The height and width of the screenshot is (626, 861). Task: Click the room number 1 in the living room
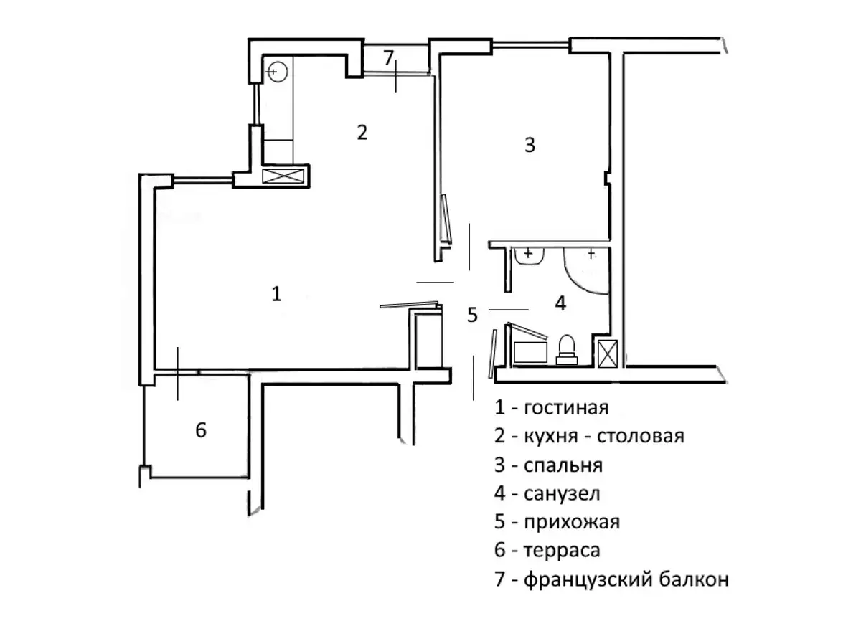(x=276, y=294)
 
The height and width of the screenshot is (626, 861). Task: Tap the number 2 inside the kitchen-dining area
(x=362, y=132)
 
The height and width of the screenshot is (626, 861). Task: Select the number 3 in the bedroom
(x=530, y=145)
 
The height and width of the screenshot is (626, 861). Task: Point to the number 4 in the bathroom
(x=560, y=303)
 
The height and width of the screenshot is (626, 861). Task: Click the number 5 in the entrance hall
(x=472, y=315)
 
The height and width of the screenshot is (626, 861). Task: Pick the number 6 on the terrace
(x=201, y=430)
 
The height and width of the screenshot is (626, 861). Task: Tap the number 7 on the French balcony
(x=389, y=58)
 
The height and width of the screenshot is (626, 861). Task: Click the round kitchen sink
(x=277, y=72)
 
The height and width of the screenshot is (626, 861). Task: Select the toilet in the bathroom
(x=567, y=350)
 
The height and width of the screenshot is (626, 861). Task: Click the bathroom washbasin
(x=529, y=256)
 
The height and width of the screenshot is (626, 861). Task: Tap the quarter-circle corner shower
(x=585, y=270)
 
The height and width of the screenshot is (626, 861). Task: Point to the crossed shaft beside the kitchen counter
(x=283, y=176)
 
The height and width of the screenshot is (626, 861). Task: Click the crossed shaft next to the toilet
(x=608, y=354)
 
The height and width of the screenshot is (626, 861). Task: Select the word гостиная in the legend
(x=566, y=408)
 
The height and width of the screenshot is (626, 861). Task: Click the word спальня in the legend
(x=563, y=465)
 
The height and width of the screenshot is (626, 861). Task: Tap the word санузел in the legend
(x=562, y=494)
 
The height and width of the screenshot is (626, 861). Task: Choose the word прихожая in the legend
(x=572, y=522)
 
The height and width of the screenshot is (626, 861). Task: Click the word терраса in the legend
(x=562, y=550)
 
